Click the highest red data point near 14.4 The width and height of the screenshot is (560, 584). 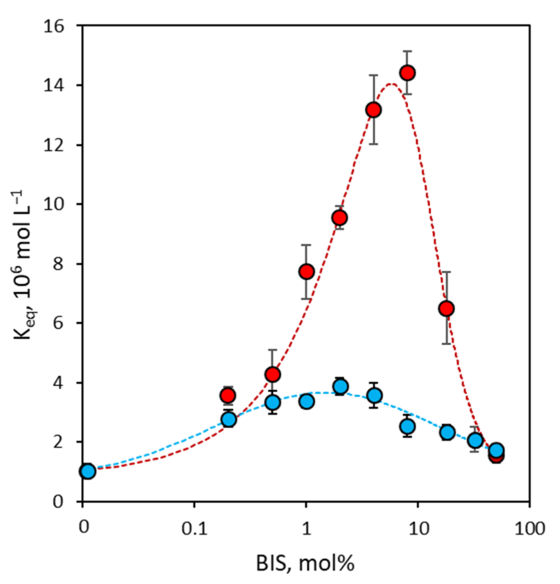click(x=408, y=73)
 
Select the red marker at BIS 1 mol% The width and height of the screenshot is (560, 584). click(x=306, y=272)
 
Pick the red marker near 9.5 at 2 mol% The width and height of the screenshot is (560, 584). click(x=340, y=218)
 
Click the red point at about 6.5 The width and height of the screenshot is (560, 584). click(x=446, y=309)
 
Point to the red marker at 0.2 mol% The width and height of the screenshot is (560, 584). click(x=228, y=395)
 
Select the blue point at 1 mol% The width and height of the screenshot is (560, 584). click(x=306, y=401)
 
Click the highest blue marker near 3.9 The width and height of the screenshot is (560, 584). click(x=340, y=386)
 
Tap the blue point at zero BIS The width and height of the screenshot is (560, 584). click(x=88, y=471)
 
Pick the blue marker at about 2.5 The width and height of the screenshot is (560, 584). click(x=408, y=426)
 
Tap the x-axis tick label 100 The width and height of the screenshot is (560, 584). click(x=529, y=529)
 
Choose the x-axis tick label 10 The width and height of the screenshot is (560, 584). click(x=418, y=529)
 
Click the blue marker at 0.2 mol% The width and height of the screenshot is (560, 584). click(x=229, y=419)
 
